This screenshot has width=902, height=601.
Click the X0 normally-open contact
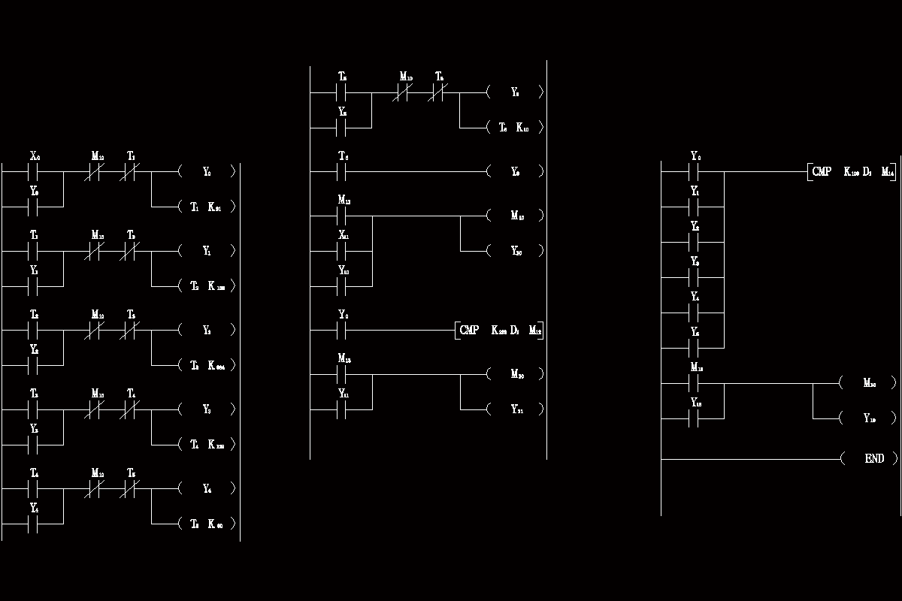(35, 172)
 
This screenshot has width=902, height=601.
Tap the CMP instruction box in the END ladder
(853, 172)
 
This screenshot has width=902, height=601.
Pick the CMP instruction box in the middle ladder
(500, 330)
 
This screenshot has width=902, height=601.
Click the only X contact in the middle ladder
(343, 250)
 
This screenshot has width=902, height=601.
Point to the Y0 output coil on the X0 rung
(207, 172)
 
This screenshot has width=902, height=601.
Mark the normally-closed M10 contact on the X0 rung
(97, 172)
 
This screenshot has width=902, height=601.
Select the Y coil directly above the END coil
(870, 418)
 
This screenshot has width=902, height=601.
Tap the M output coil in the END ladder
(870, 383)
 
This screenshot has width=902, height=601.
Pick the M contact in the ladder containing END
(695, 383)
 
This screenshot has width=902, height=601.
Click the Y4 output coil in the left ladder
(207, 489)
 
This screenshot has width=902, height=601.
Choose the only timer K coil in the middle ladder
(515, 128)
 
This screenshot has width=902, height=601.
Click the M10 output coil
(516, 216)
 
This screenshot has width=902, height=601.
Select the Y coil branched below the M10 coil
(516, 251)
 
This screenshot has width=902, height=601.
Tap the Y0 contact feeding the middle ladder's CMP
(343, 330)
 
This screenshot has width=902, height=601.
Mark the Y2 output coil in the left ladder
(207, 330)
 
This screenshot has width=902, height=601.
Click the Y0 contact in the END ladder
(695, 172)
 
